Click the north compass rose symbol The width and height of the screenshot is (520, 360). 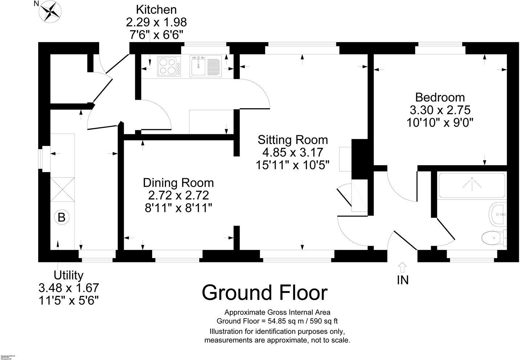tap(50, 11)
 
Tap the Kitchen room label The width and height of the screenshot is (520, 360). tap(156, 10)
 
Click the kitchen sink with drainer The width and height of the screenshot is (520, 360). tap(206, 66)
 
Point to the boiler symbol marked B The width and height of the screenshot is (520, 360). tap(61, 217)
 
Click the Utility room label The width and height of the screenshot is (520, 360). tap(69, 275)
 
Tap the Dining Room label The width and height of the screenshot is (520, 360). tap(178, 183)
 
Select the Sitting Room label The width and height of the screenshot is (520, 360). tap(293, 140)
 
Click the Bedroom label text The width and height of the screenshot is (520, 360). tap(440, 97)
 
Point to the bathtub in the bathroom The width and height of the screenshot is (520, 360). tap(471, 185)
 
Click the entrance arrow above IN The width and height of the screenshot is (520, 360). tap(402, 267)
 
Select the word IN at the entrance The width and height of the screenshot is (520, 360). tap(403, 280)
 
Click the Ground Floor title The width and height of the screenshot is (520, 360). tap(265, 292)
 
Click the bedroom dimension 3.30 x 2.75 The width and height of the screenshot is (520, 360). tap(440, 110)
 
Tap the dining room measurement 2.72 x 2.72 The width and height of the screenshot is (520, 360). tap(178, 196)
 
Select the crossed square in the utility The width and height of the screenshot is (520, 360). tap(62, 189)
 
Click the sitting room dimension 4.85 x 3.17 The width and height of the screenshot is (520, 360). tap(293, 152)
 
